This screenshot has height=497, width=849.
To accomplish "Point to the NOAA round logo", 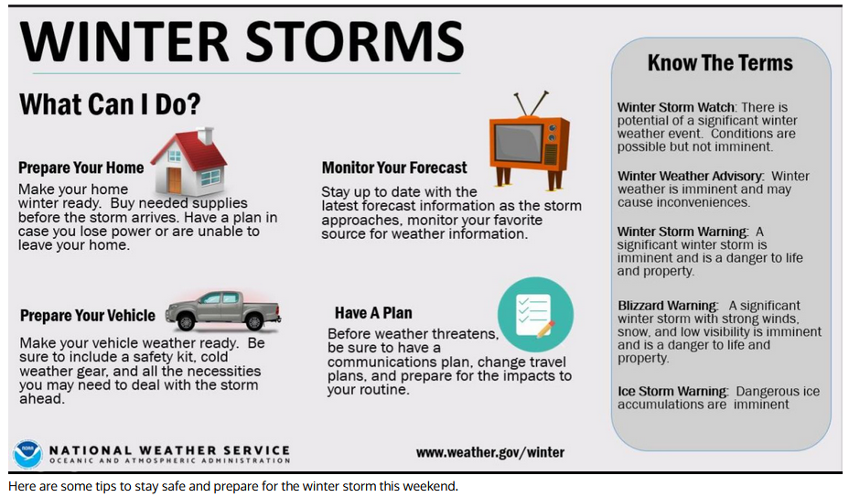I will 27,453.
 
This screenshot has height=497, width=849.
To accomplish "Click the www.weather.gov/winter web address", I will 489,452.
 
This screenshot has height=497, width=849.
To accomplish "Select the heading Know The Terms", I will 720,63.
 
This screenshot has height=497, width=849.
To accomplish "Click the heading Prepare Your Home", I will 81,167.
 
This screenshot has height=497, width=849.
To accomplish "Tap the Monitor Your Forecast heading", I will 394,167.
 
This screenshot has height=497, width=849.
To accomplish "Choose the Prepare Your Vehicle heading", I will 88,316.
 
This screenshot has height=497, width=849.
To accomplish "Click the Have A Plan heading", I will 373,313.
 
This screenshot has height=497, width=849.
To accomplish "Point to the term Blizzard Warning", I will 666,306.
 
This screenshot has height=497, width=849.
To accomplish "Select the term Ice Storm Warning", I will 672,392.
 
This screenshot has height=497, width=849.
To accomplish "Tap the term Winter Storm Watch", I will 676,107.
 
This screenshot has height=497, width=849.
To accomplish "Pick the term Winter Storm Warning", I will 682,232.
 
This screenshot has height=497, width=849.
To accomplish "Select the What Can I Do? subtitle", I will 110,104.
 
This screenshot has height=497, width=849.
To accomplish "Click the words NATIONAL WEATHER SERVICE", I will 169,450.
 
